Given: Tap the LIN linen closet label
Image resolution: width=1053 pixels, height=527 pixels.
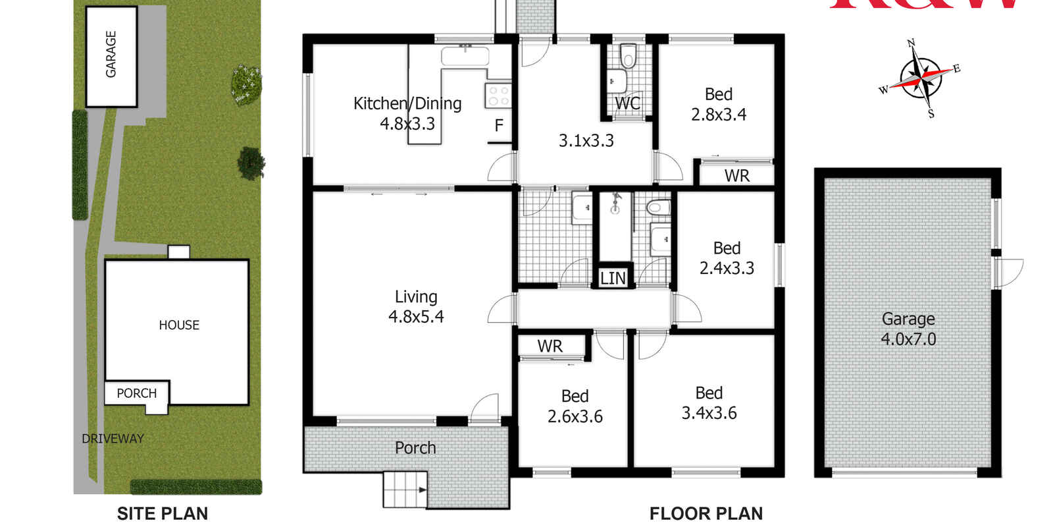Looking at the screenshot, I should tap(613, 278).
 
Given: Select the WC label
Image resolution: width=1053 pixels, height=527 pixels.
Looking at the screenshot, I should tap(627, 103).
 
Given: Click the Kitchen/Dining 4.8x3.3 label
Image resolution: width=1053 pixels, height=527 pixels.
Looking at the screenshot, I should tap(407, 113).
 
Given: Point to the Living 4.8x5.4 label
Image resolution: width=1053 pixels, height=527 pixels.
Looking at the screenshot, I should tap(416, 307).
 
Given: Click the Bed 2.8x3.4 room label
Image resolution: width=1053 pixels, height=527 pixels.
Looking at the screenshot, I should tap(718, 104).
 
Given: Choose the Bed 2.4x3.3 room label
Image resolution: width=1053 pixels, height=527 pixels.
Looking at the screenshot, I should tap(727, 258).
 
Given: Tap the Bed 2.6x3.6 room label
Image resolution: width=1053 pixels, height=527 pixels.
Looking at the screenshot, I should tap(575, 406).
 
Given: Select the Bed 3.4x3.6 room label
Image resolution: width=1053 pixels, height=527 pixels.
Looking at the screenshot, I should tap(709, 403).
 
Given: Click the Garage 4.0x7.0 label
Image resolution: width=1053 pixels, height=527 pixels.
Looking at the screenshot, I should tap(908, 329).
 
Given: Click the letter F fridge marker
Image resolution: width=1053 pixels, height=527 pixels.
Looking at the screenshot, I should tap(499, 125).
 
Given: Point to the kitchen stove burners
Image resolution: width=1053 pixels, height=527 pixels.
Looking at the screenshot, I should tap(498, 96).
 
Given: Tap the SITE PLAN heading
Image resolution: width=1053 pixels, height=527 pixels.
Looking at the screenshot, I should tap(162, 513).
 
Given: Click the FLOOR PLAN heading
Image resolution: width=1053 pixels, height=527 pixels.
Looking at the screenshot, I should tap(706, 513).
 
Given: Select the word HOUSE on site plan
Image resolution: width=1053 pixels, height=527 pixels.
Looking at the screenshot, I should tap(179, 325).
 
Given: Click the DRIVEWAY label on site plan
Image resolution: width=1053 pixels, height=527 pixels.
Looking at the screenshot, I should tap(113, 439).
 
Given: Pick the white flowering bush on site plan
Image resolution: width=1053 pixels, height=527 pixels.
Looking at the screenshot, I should tap(246, 84).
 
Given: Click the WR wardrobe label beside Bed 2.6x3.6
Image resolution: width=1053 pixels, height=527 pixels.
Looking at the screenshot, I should tap(550, 347).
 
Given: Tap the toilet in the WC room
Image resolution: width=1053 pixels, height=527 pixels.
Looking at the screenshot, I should tap(628, 58).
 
